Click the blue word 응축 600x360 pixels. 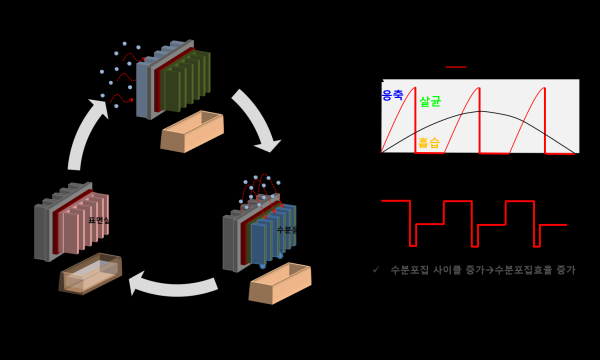pyautogui.click(x=392, y=95)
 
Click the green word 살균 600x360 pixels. pyautogui.click(x=430, y=101)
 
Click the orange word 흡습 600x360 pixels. pyautogui.click(x=429, y=143)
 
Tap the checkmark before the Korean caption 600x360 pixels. pyautogui.click(x=376, y=270)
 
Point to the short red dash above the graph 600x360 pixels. pyautogui.click(x=456, y=67)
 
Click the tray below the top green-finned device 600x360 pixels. pyautogui.click(x=192, y=132)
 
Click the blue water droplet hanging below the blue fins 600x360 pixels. pyautogui.click(x=263, y=266)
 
